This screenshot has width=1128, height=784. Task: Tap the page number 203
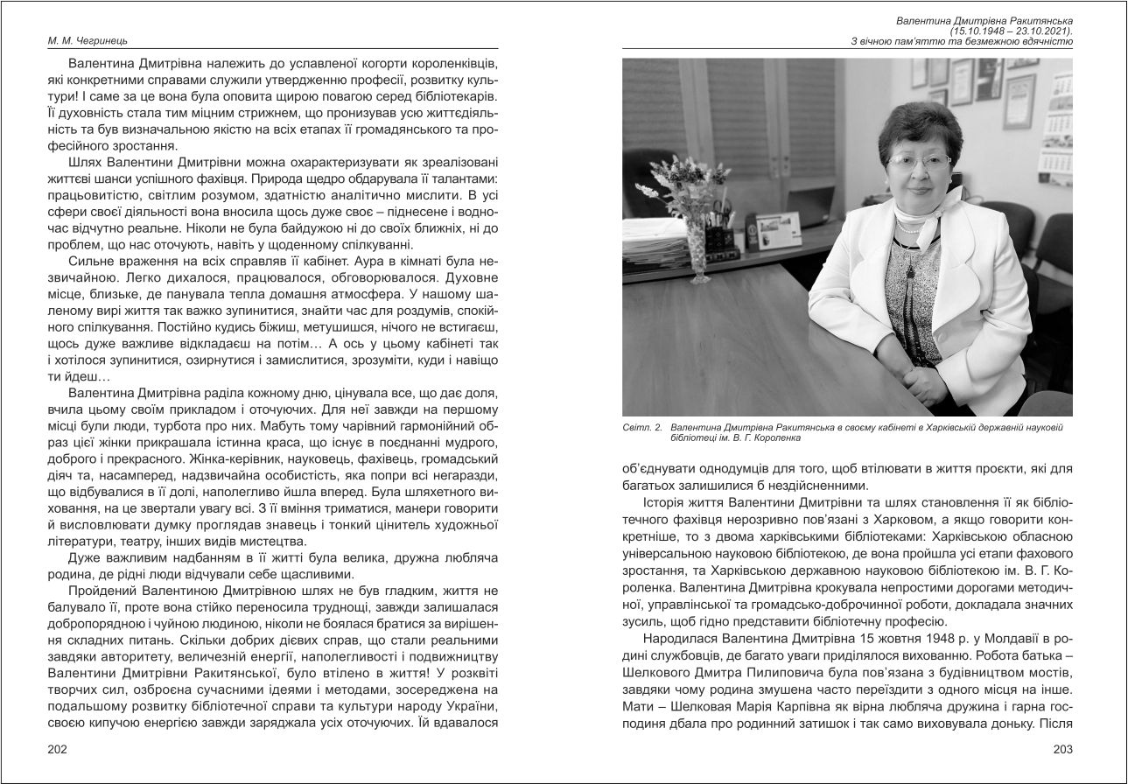(x=1062, y=749)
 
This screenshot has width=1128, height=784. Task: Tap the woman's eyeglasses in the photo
(x=918, y=162)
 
